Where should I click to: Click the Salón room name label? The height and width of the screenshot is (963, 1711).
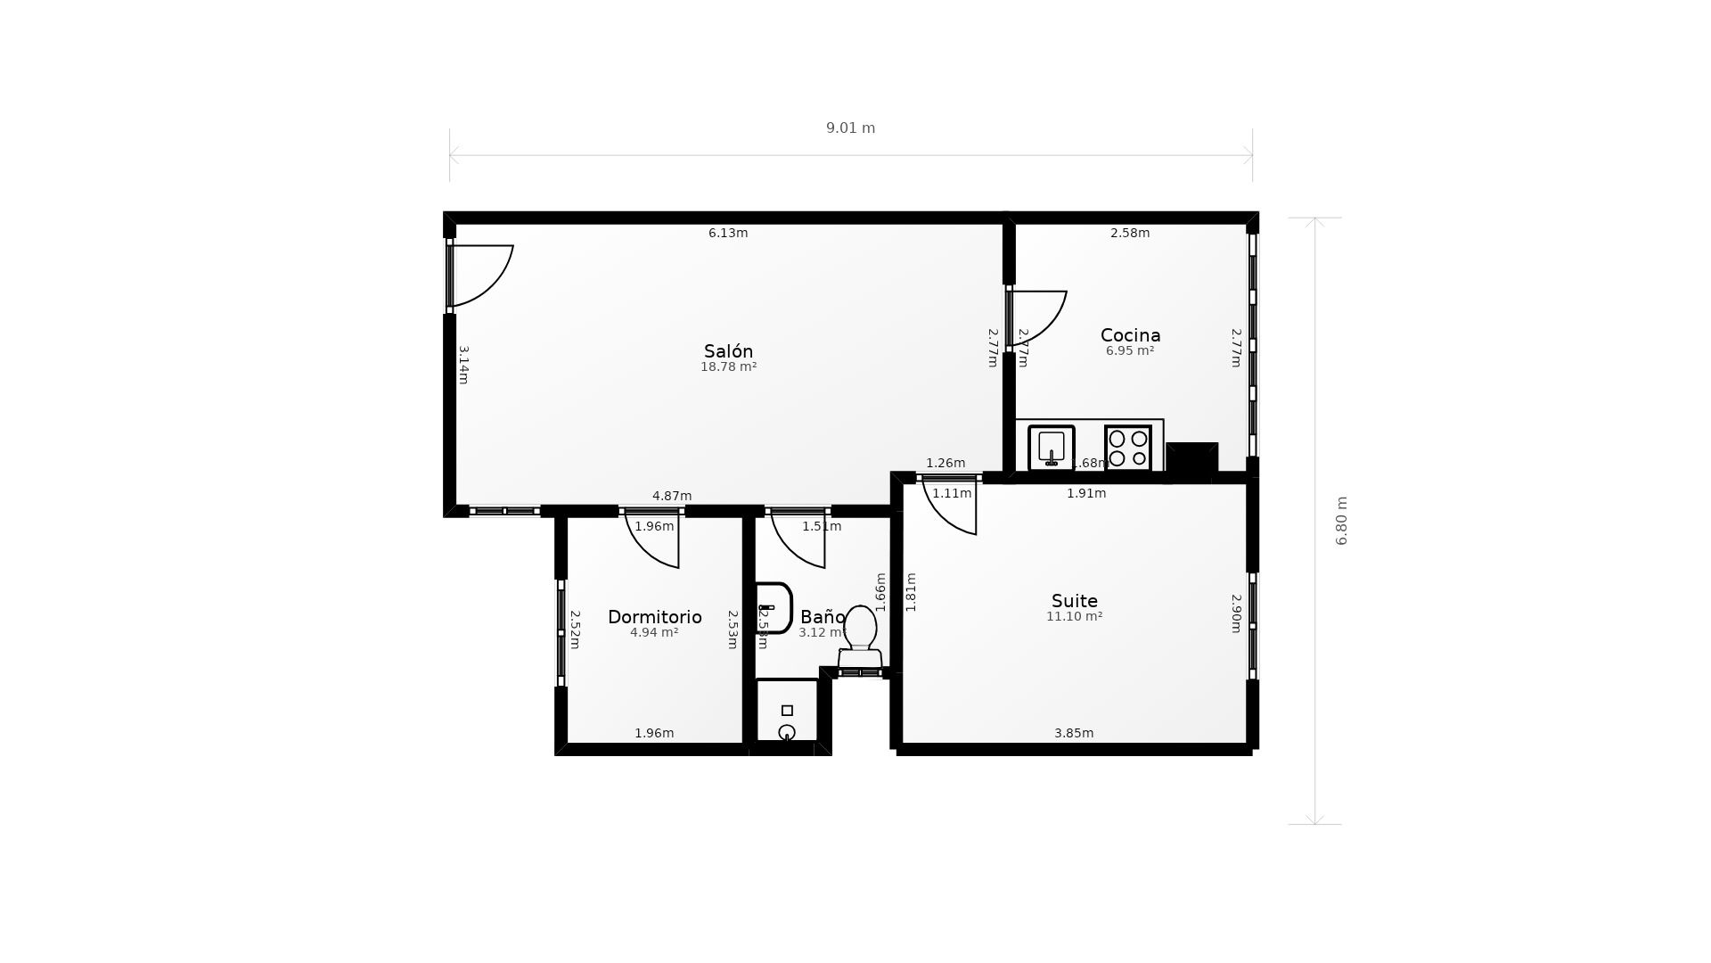pyautogui.click(x=728, y=351)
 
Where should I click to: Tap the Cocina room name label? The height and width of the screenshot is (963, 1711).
pyautogui.click(x=1130, y=335)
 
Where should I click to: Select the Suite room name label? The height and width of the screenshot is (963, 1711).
pyautogui.click(x=1074, y=601)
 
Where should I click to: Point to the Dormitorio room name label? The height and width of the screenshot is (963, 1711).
pyautogui.click(x=654, y=617)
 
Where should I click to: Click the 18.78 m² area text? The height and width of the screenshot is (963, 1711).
pyautogui.click(x=728, y=367)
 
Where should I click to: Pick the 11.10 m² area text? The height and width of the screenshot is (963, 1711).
pyautogui.click(x=1074, y=617)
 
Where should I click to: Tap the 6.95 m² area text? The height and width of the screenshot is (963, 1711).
pyautogui.click(x=1130, y=351)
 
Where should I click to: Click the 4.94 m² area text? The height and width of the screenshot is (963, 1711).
pyautogui.click(x=654, y=633)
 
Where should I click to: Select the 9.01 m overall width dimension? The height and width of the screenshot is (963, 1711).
pyautogui.click(x=850, y=128)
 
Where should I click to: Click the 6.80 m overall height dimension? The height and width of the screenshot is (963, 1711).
pyautogui.click(x=1341, y=521)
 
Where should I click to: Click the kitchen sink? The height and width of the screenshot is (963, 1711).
pyautogui.click(x=1052, y=448)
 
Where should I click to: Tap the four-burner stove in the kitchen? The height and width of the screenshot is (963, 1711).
pyautogui.click(x=1128, y=448)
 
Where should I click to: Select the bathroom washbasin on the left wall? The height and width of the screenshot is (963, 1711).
pyautogui.click(x=773, y=608)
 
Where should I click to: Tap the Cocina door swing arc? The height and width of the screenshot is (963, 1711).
pyautogui.click(x=1038, y=317)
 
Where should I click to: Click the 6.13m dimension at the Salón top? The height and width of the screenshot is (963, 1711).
pyautogui.click(x=728, y=234)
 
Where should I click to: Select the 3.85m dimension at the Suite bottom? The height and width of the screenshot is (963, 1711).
pyautogui.click(x=1074, y=734)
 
